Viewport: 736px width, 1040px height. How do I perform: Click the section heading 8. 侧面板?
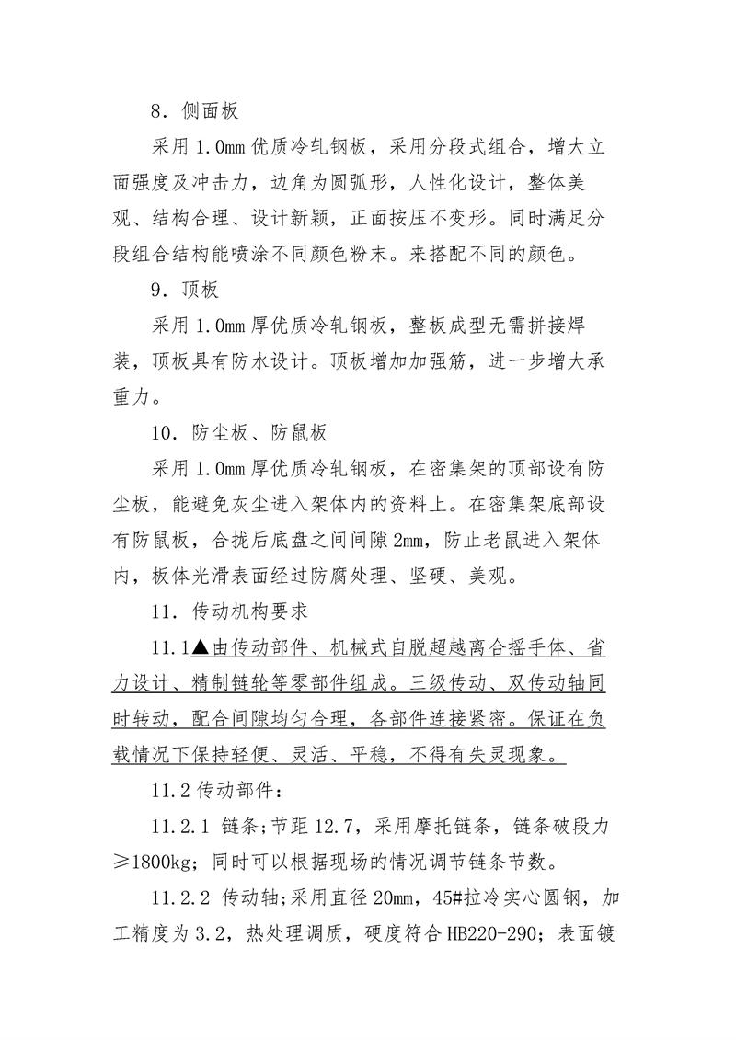click(x=195, y=112)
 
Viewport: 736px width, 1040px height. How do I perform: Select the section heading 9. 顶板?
click(x=185, y=291)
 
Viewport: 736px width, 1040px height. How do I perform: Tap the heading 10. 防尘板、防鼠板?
click(x=240, y=433)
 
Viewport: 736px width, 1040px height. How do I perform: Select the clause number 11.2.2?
click(x=183, y=897)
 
